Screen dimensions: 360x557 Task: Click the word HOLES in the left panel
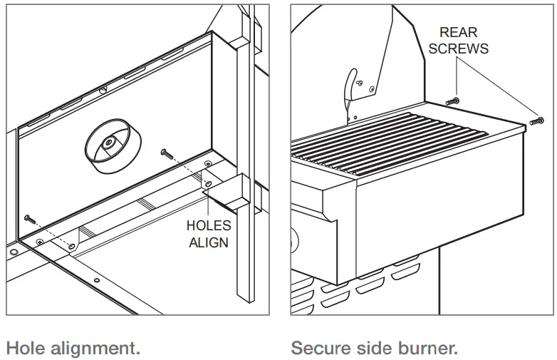(x=208, y=225)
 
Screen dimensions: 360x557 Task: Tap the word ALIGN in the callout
(x=208, y=242)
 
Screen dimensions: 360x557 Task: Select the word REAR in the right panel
(x=459, y=32)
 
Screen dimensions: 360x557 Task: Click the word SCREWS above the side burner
(x=464, y=48)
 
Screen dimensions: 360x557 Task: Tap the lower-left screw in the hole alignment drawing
(x=30, y=217)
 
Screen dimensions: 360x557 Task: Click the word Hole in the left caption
(x=24, y=349)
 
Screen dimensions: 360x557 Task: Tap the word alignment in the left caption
(x=93, y=349)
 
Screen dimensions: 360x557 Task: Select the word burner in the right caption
(x=424, y=349)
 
